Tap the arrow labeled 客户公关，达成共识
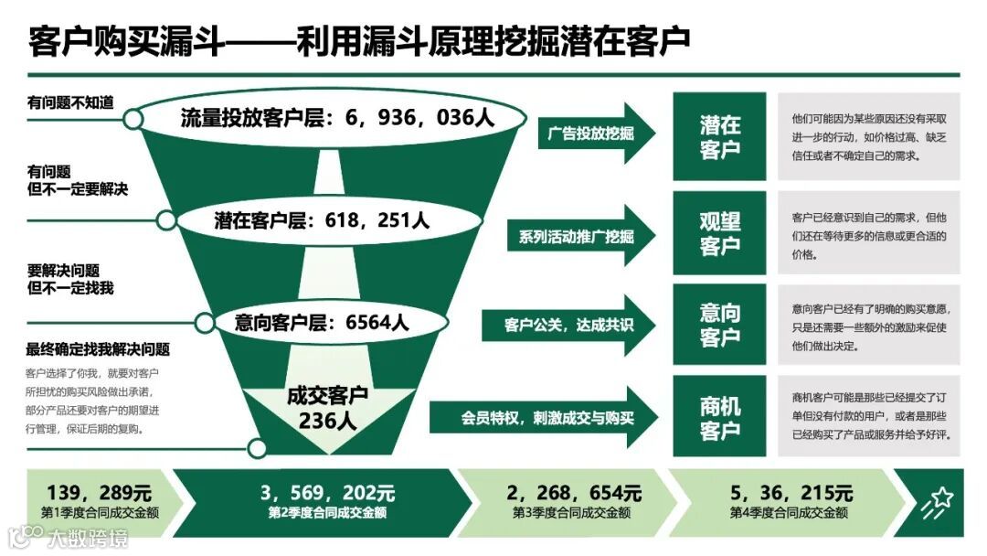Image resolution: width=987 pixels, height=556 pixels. pos(568,324)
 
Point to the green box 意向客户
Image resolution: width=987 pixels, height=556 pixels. pos(719,325)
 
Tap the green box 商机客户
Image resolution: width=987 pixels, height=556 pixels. pos(719,419)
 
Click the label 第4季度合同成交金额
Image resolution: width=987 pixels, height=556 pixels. pos(789,513)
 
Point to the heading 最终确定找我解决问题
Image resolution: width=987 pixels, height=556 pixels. pos(98,349)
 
